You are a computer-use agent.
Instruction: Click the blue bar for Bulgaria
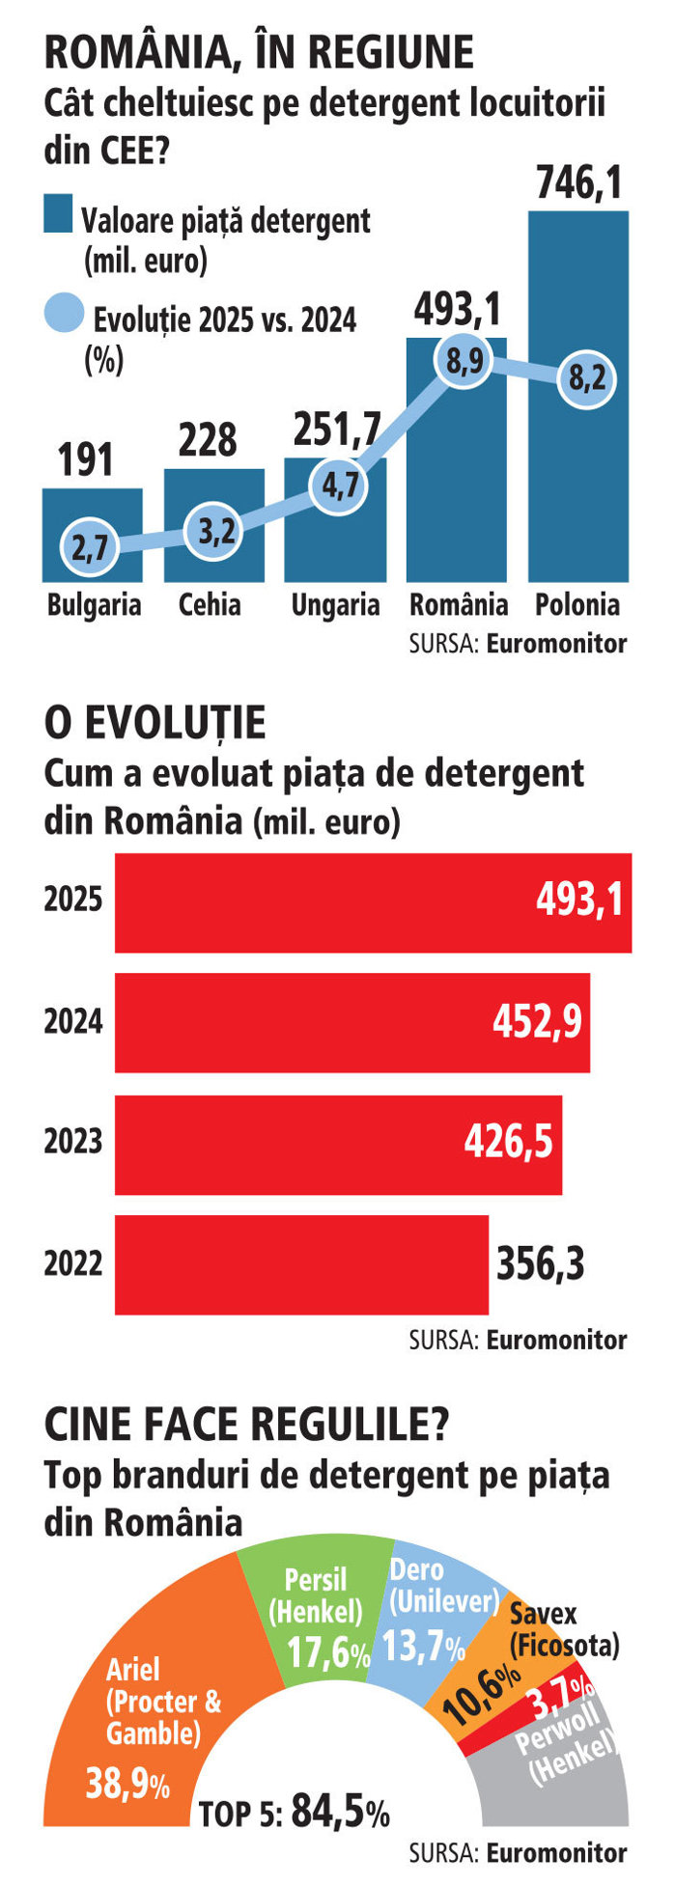[x=93, y=535]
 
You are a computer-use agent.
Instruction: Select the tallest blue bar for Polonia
[x=578, y=396]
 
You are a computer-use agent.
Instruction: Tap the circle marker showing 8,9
[x=464, y=362]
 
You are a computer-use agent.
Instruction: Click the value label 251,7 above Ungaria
[x=337, y=429]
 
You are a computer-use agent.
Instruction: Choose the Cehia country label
[x=210, y=605]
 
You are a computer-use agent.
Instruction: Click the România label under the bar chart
[x=459, y=605]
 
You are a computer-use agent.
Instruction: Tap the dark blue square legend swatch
[x=58, y=214]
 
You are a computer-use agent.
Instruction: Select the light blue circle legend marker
[x=65, y=313]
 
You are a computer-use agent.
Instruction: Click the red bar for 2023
[x=338, y=1145]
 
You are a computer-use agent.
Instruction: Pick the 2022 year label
[x=72, y=1262]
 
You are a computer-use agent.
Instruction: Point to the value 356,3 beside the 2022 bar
[x=541, y=1264]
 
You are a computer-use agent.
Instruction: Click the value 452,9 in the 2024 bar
[x=538, y=1022]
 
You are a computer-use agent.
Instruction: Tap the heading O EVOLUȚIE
[x=155, y=723]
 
